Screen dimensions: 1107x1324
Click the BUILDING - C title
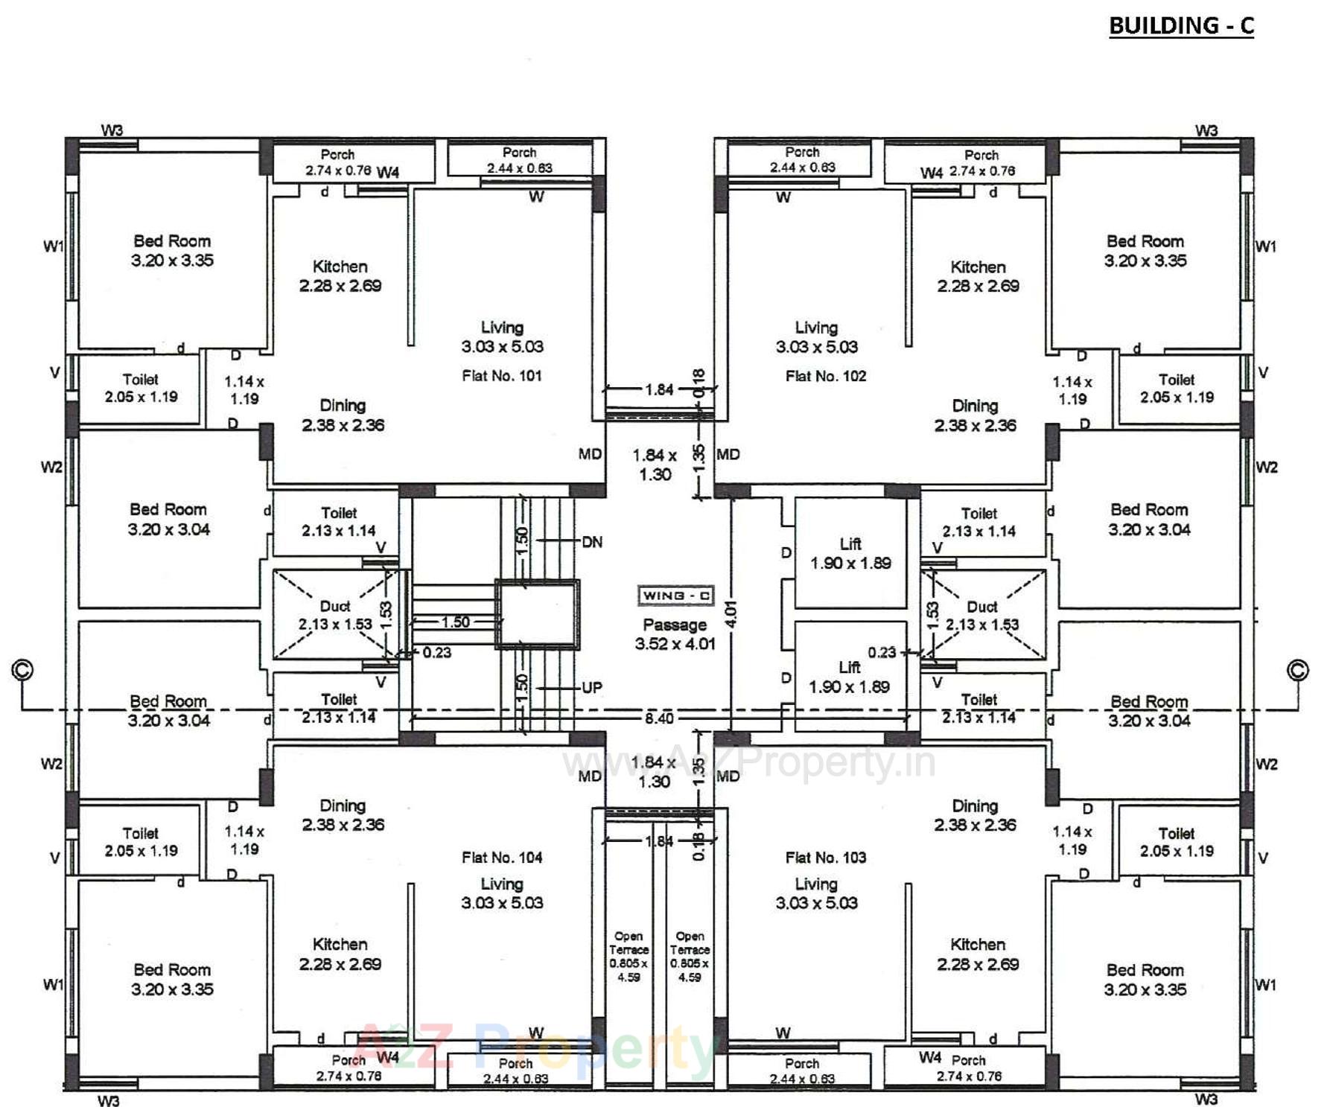coord(1181,26)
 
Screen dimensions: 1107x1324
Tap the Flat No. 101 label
coord(501,376)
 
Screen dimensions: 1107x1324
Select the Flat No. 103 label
coord(825,858)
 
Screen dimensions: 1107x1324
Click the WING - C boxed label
coord(675,596)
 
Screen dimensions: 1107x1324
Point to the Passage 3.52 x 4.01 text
coord(675,634)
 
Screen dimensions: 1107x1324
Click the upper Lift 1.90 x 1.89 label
coord(850,554)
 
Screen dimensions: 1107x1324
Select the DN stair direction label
coord(592,542)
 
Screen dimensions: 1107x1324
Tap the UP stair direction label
coord(592,688)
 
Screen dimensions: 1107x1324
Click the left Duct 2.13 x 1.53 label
coord(335,616)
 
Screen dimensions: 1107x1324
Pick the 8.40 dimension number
coord(659,718)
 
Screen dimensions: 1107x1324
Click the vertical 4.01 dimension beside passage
coord(731,614)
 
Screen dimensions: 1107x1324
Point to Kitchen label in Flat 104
coord(340,954)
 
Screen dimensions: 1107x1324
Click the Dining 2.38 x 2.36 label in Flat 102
coord(975,415)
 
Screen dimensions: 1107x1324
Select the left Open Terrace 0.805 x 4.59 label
coord(628,957)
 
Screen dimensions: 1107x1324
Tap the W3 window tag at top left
coord(112,130)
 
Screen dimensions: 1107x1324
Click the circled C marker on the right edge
coord(1297,670)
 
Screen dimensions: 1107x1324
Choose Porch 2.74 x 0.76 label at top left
coord(337,162)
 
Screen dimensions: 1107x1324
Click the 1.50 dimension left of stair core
coord(455,622)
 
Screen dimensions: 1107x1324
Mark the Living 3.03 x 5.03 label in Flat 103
coord(816,893)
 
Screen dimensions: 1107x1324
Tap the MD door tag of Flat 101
coord(590,454)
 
